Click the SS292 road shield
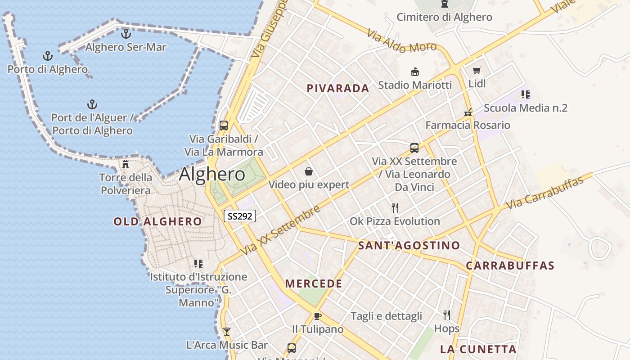240,216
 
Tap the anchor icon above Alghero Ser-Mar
126,33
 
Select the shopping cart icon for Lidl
477,70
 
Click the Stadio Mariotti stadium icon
414,72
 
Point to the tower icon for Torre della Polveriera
126,164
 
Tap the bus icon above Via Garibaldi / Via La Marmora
224,126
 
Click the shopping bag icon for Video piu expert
309,171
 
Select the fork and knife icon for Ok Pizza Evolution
395,207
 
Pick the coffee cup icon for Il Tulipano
317,316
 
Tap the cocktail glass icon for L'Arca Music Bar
227,332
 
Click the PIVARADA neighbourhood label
338,89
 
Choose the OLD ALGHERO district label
157,221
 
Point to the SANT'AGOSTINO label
409,246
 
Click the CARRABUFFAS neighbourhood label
510,265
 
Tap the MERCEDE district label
314,284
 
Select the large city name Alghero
212,175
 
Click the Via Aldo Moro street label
401,41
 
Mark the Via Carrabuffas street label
544,193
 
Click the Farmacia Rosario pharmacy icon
468,112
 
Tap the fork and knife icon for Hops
447,315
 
